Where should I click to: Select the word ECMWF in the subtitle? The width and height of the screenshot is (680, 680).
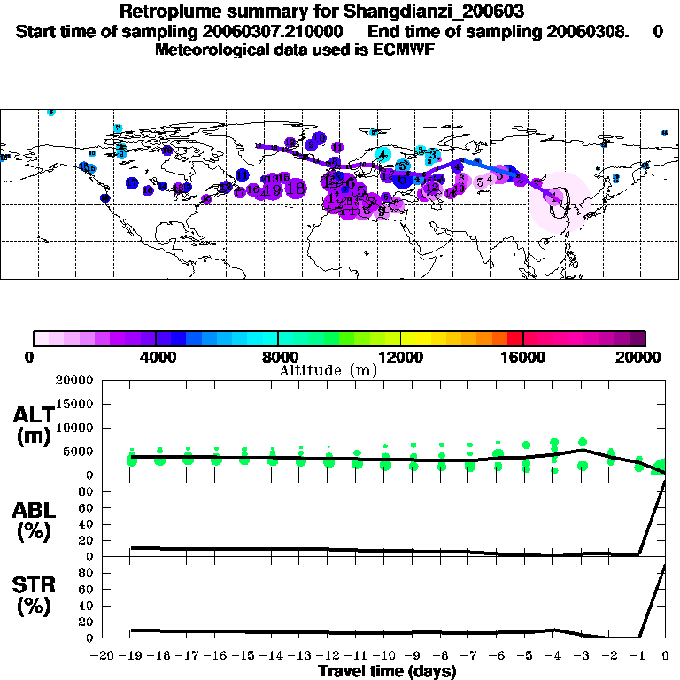(403, 50)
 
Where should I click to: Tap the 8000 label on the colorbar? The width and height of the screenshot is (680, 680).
(278, 357)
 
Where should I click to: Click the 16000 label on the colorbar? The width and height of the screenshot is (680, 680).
(523, 357)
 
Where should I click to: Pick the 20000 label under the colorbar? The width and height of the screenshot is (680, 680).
(644, 357)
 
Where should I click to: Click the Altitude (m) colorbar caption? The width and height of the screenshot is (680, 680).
(328, 370)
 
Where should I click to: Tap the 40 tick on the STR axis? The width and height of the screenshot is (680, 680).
(87, 606)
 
